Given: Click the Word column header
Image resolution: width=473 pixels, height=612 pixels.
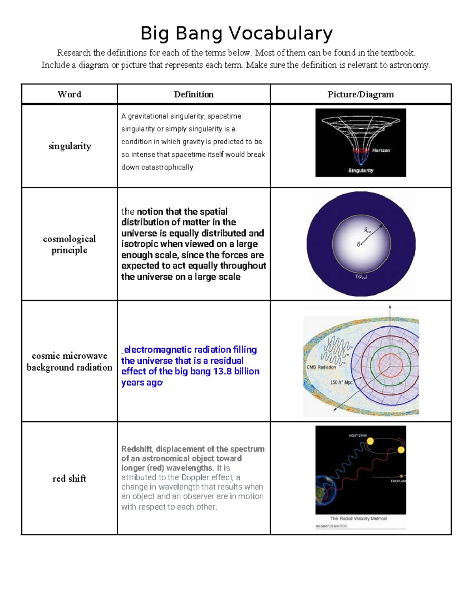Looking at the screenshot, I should (69, 95).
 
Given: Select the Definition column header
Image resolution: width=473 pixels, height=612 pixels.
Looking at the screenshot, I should (194, 95).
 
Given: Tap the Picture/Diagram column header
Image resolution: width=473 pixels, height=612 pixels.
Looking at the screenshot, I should (361, 95).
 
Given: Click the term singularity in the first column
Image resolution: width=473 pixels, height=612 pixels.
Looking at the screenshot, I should (70, 146).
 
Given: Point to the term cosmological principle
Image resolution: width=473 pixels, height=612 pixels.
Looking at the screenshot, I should (69, 244).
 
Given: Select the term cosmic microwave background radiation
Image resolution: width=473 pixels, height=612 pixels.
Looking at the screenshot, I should (69, 361).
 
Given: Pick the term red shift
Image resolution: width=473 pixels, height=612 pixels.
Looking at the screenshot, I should (69, 478).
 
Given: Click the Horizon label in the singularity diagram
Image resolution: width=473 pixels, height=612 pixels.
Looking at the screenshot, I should (381, 151).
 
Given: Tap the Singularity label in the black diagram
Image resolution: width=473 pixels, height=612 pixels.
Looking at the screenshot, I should (361, 171).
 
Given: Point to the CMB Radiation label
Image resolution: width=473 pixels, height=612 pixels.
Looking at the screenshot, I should (321, 367).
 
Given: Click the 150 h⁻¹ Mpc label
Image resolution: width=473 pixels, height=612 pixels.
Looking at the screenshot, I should (341, 382).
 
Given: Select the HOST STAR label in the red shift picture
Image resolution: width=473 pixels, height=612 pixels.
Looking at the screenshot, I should (358, 435).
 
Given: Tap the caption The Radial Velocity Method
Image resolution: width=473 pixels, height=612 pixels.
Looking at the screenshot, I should (358, 519).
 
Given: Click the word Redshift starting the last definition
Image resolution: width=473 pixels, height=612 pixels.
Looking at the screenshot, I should (136, 449).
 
